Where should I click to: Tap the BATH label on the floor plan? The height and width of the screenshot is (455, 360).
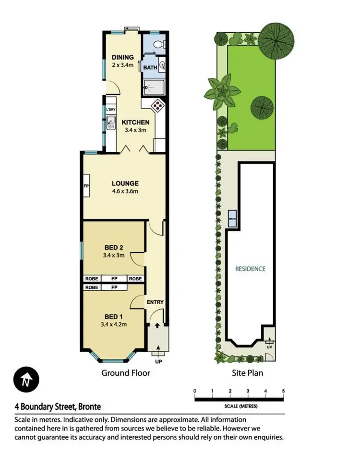point(150,68)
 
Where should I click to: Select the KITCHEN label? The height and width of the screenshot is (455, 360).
point(135,122)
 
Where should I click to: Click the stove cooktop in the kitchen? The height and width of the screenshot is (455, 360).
point(157,106)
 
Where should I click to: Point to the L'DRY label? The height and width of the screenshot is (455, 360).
point(111,110)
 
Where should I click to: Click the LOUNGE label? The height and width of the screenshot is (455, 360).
point(125,183)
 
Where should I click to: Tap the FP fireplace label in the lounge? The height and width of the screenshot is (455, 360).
point(87,185)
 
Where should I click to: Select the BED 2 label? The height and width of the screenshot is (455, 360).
point(114,248)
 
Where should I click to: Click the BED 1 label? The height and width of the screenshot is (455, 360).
point(114,316)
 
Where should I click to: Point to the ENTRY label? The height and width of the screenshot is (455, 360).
point(155,302)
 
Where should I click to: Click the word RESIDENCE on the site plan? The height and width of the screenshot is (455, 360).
point(250,269)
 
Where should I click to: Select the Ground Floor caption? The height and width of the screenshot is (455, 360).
point(126,373)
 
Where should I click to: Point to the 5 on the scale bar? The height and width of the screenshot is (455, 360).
point(283,391)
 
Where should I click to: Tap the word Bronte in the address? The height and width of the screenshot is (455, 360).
point(88,406)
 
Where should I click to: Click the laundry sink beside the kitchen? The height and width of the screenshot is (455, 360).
point(111,123)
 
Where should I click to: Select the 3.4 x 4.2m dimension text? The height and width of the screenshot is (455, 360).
point(114,324)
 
